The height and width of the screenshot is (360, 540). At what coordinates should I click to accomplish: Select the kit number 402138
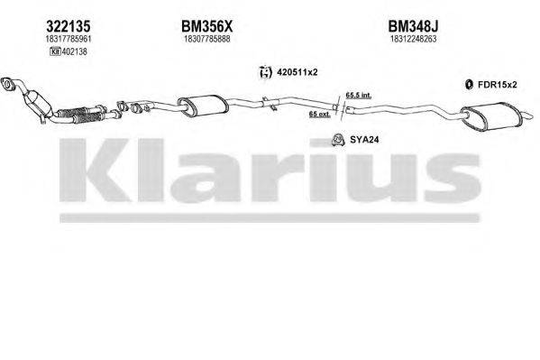pyautogui.click(x=73, y=52)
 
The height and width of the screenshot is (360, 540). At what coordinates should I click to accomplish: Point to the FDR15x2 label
pyautogui.click(x=498, y=85)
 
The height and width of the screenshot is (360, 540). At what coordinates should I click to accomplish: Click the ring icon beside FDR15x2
pyautogui.click(x=469, y=85)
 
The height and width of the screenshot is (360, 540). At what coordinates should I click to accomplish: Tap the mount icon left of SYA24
pyautogui.click(x=334, y=139)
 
